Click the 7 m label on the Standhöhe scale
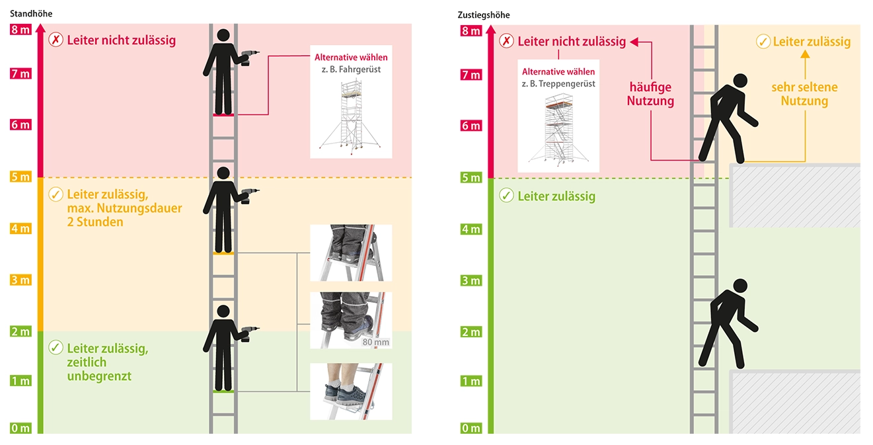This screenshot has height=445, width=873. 20,73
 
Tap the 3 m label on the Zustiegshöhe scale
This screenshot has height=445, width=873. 471,280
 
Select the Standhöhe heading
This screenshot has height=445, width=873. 31,14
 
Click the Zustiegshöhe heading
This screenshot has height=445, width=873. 484,15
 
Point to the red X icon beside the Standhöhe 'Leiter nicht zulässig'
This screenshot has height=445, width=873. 56,40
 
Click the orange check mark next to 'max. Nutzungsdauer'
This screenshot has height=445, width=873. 56,194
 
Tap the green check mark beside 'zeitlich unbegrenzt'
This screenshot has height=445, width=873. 56,347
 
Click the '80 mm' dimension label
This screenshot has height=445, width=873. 376,342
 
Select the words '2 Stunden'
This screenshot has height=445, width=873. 95,222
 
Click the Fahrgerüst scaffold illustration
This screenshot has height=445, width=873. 350,116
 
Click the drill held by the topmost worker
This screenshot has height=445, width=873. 249,57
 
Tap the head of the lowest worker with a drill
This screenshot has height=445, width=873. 223,311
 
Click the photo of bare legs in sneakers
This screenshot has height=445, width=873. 351,391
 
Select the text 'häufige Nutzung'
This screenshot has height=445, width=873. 650,94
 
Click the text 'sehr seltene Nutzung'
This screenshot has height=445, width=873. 804,94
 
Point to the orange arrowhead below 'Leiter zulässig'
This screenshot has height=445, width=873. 805,54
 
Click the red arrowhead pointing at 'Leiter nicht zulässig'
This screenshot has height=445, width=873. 634,42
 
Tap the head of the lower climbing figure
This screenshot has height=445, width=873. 740,286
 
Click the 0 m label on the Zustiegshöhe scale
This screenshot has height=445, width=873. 471,428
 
